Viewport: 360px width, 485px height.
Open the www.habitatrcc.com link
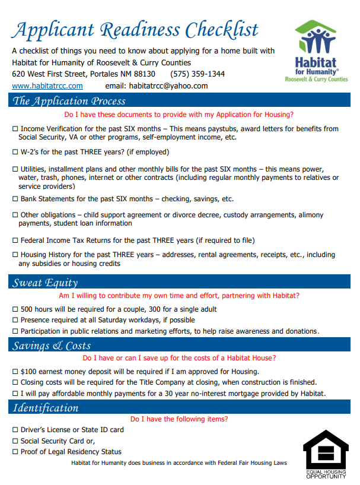pos(47,85)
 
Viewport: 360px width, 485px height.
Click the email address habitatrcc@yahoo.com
pos(168,85)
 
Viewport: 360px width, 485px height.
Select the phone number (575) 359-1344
pos(197,74)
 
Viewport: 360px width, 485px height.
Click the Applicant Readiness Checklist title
pos(135,29)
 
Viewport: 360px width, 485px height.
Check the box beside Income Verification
pos(15,129)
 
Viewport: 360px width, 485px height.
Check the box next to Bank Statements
pos(15,199)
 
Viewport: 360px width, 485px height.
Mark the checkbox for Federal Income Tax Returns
pos(15,240)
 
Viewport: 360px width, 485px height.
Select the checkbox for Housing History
pos(15,255)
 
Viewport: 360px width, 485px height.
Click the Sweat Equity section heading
pos(45,283)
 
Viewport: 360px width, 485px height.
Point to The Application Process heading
pos(69,101)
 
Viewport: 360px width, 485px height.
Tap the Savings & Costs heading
pos(52,345)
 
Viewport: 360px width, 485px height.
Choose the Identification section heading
pos(46,407)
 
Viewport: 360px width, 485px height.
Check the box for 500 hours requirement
pos(15,309)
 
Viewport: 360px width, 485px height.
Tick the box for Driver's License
pos(15,430)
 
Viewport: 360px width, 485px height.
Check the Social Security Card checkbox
pos(15,441)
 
